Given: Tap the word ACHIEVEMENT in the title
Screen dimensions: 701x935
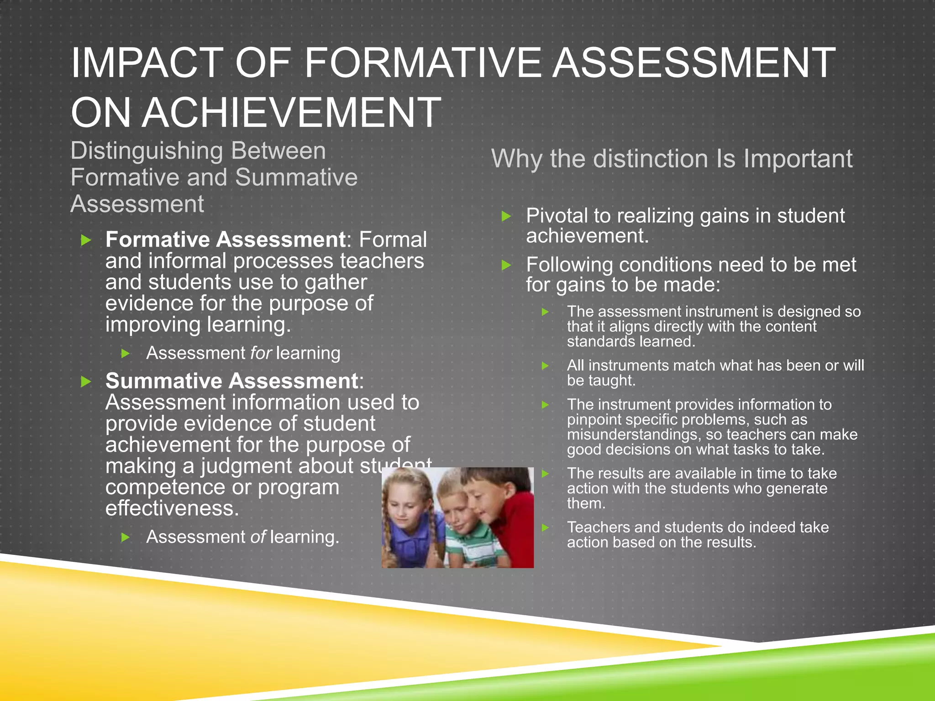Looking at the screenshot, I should coord(291,113).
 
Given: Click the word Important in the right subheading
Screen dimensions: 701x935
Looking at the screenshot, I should coord(798,159).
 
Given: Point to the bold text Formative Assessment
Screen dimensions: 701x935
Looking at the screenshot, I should coord(226,240).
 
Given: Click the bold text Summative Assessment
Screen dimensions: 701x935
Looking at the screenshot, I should coord(232,381).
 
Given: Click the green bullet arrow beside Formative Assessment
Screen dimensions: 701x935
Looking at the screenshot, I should coord(86,240).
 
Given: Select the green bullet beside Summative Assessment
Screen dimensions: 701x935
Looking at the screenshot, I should coord(86,382).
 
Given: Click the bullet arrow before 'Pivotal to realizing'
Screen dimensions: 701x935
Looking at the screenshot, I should coord(506,216).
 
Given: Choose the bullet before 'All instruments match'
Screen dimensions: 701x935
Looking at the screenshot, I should coord(545,366).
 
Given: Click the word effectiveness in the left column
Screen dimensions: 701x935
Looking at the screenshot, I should coord(172,508).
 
